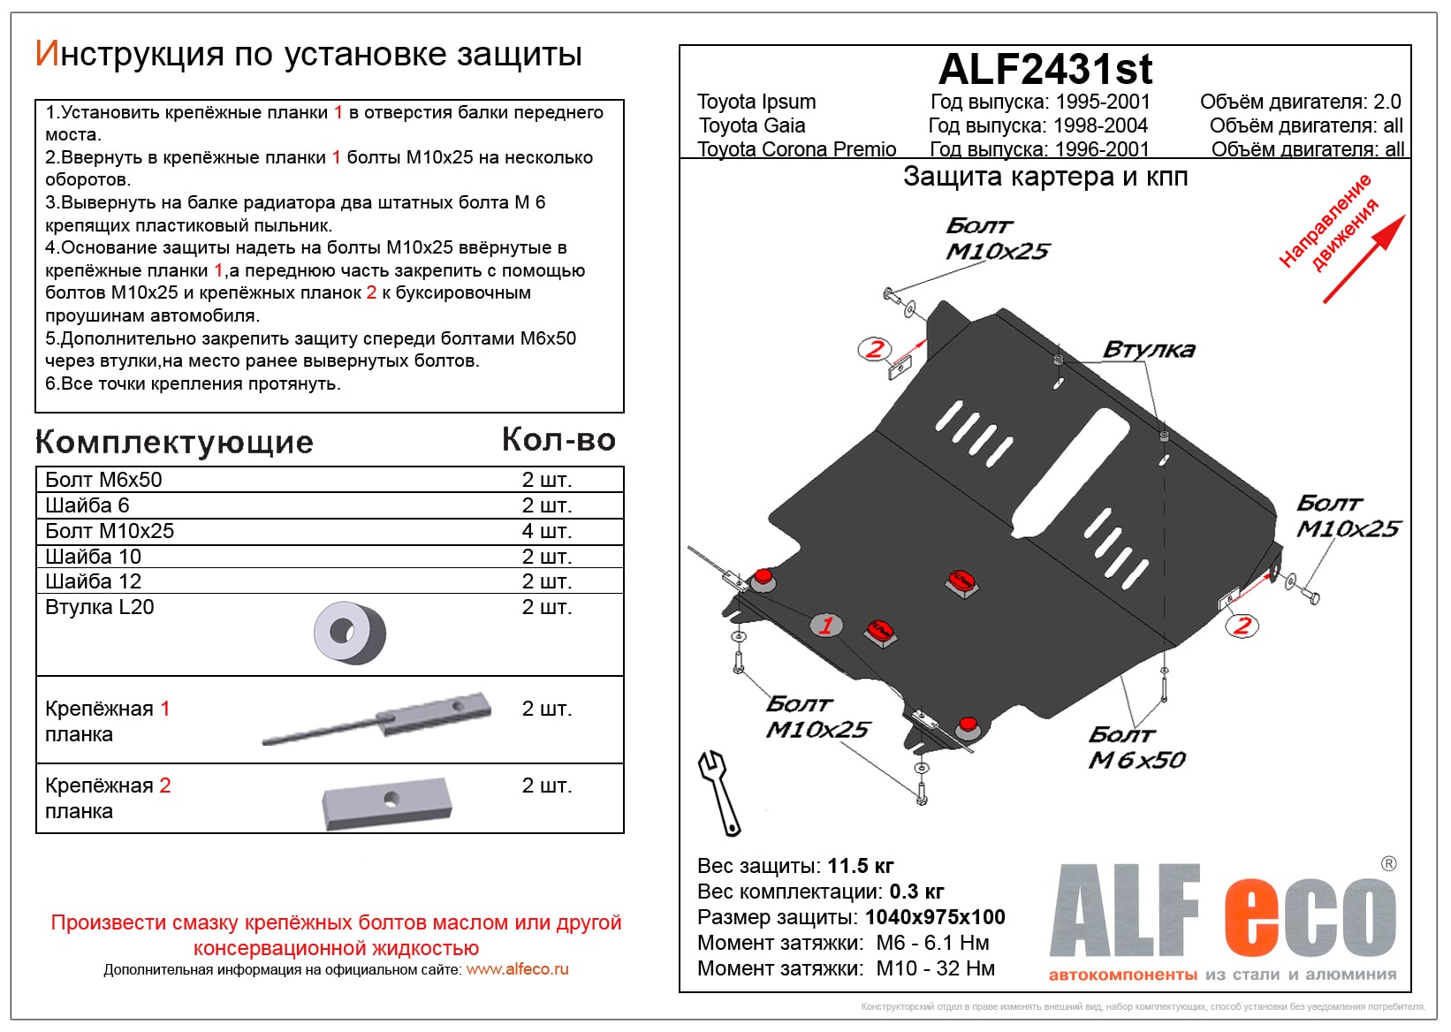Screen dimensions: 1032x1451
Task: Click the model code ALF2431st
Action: tap(1045, 69)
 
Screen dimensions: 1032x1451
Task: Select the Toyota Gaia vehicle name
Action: tap(751, 125)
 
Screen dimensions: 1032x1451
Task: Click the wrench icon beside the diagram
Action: tap(719, 793)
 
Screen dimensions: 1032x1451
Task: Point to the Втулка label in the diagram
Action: tap(1149, 350)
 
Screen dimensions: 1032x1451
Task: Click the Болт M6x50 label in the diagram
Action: tap(1136, 747)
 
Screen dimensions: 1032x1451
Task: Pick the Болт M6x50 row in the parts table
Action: tap(103, 480)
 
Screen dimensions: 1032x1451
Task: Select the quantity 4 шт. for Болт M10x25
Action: tap(546, 531)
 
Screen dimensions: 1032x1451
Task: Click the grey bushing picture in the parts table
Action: tap(350, 633)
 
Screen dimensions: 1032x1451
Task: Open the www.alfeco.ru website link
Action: tap(517, 969)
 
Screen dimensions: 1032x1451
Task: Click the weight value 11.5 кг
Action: tap(860, 866)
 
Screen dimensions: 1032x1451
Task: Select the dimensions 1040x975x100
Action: tap(935, 917)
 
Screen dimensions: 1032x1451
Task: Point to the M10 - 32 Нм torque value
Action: tap(935, 968)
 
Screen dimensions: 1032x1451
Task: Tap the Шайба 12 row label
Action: tap(93, 581)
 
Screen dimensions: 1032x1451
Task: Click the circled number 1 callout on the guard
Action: tap(826, 626)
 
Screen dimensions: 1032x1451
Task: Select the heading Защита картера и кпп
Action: tap(1045, 177)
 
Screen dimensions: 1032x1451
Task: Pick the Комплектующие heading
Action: tap(174, 442)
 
